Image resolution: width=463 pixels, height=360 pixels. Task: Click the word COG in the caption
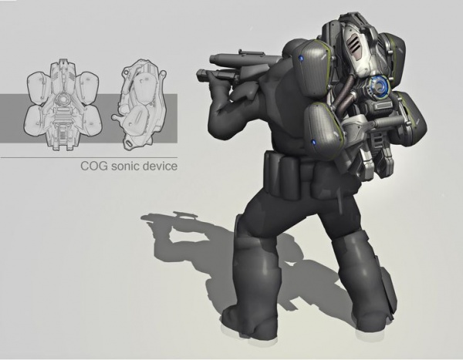[94, 166]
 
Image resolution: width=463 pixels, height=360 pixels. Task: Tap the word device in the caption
[160, 166]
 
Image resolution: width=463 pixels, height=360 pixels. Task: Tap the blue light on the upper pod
[301, 59]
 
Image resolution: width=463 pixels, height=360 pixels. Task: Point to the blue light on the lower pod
[313, 143]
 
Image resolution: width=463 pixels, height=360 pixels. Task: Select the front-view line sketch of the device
[63, 105]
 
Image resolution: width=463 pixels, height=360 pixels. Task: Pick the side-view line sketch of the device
[140, 105]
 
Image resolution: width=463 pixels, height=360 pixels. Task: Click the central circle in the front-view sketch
[63, 98]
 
